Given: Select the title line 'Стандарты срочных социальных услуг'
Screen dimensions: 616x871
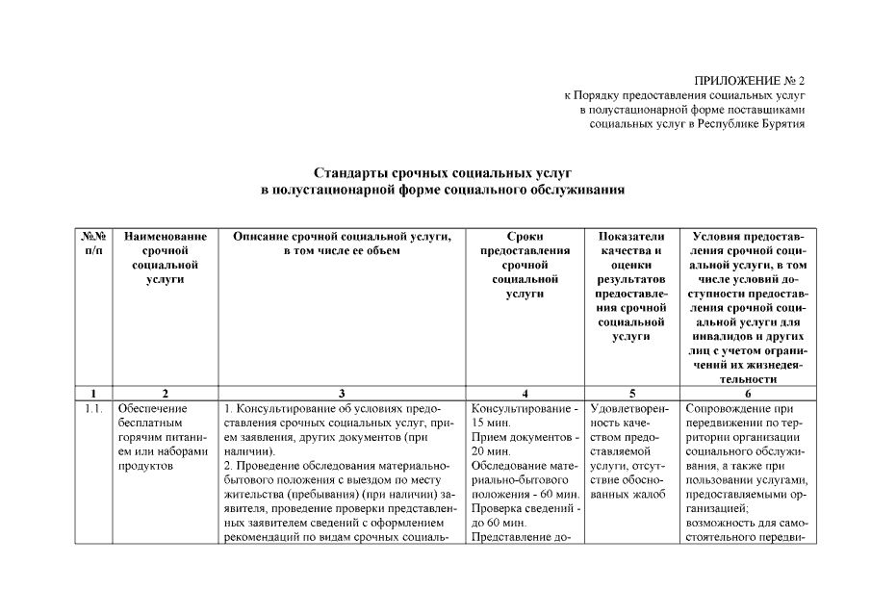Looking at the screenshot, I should click(444, 173).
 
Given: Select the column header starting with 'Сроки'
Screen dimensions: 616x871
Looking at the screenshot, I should click(525, 265).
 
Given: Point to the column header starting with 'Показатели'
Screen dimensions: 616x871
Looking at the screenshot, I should click(631, 286).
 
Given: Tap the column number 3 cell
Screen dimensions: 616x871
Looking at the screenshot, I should click(342, 393).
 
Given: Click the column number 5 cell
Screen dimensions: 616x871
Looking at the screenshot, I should click(631, 393).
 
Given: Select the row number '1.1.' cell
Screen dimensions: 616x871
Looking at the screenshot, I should click(92, 409).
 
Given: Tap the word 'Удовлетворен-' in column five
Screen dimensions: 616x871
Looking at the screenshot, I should click(630, 409).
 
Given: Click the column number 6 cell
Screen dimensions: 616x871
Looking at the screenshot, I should click(748, 393).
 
